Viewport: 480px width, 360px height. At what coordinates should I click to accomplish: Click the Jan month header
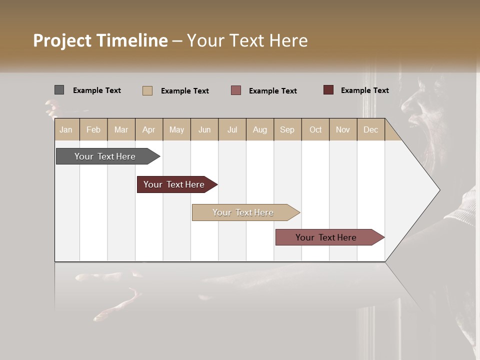(66, 130)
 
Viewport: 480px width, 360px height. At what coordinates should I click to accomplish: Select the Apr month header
(149, 130)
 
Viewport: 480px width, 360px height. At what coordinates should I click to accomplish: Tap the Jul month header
(232, 130)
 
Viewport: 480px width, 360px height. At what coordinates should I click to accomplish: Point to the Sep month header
(287, 130)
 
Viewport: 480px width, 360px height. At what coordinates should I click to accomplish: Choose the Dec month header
(370, 130)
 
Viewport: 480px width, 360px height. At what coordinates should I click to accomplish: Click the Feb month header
(93, 130)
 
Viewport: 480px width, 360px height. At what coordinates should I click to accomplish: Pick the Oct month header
(315, 130)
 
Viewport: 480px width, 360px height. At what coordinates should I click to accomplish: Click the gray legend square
(59, 90)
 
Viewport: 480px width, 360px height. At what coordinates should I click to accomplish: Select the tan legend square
(147, 90)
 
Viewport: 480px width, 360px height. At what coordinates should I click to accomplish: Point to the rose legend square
(236, 90)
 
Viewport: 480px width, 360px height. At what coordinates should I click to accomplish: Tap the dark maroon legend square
(328, 90)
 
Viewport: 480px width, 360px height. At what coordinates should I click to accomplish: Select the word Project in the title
(63, 40)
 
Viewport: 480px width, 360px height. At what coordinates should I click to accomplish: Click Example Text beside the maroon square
(364, 90)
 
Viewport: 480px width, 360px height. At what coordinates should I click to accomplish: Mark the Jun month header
(204, 130)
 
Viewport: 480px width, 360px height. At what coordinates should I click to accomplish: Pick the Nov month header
(343, 130)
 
